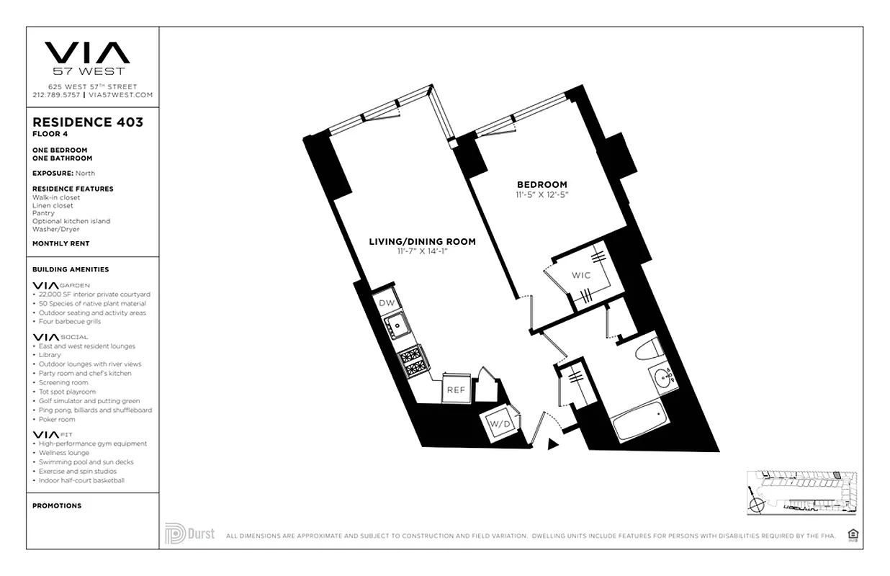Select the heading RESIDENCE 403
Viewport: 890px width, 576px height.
pyautogui.click(x=88, y=122)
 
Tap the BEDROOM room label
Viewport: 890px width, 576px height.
pyautogui.click(x=541, y=184)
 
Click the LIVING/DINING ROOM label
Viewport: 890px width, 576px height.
pyautogui.click(x=422, y=242)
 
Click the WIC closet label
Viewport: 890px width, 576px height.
pyautogui.click(x=580, y=276)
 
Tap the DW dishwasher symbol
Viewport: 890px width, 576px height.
pyautogui.click(x=385, y=303)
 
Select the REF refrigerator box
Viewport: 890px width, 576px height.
pyautogui.click(x=455, y=390)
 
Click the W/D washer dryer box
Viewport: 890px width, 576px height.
pyautogui.click(x=500, y=424)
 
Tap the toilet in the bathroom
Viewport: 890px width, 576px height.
pyautogui.click(x=648, y=348)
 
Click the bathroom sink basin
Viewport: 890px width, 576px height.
pyautogui.click(x=664, y=377)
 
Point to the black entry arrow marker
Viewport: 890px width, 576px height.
pyautogui.click(x=552, y=444)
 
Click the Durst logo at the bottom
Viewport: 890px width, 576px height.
pyautogui.click(x=190, y=534)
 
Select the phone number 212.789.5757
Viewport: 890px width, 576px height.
pyautogui.click(x=56, y=95)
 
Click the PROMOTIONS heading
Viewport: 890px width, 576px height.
pyautogui.click(x=57, y=505)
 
